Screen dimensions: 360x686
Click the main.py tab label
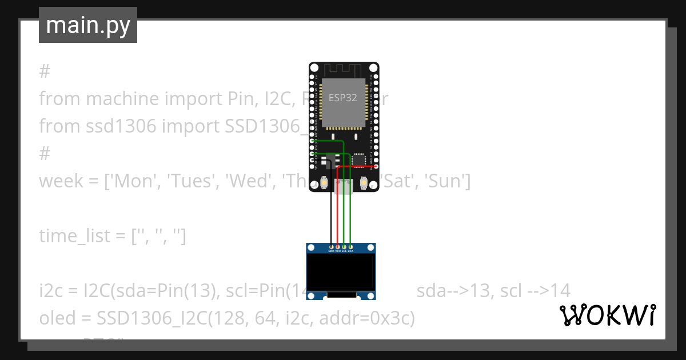point(88,25)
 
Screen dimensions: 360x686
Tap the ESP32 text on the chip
point(343,98)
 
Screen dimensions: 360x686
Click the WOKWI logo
point(607,315)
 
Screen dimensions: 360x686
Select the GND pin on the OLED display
point(331,246)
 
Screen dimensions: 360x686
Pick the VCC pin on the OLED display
point(337,246)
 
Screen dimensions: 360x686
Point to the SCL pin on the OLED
point(344,246)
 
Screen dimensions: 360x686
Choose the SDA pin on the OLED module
point(350,246)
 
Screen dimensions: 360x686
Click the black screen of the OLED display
point(341,272)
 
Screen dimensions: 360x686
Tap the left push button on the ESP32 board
point(324,183)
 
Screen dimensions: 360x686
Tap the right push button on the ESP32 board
point(364,183)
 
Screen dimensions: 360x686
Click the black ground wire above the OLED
point(331,211)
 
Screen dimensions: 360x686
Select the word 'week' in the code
point(57,181)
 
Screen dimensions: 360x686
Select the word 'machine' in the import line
point(122,99)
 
